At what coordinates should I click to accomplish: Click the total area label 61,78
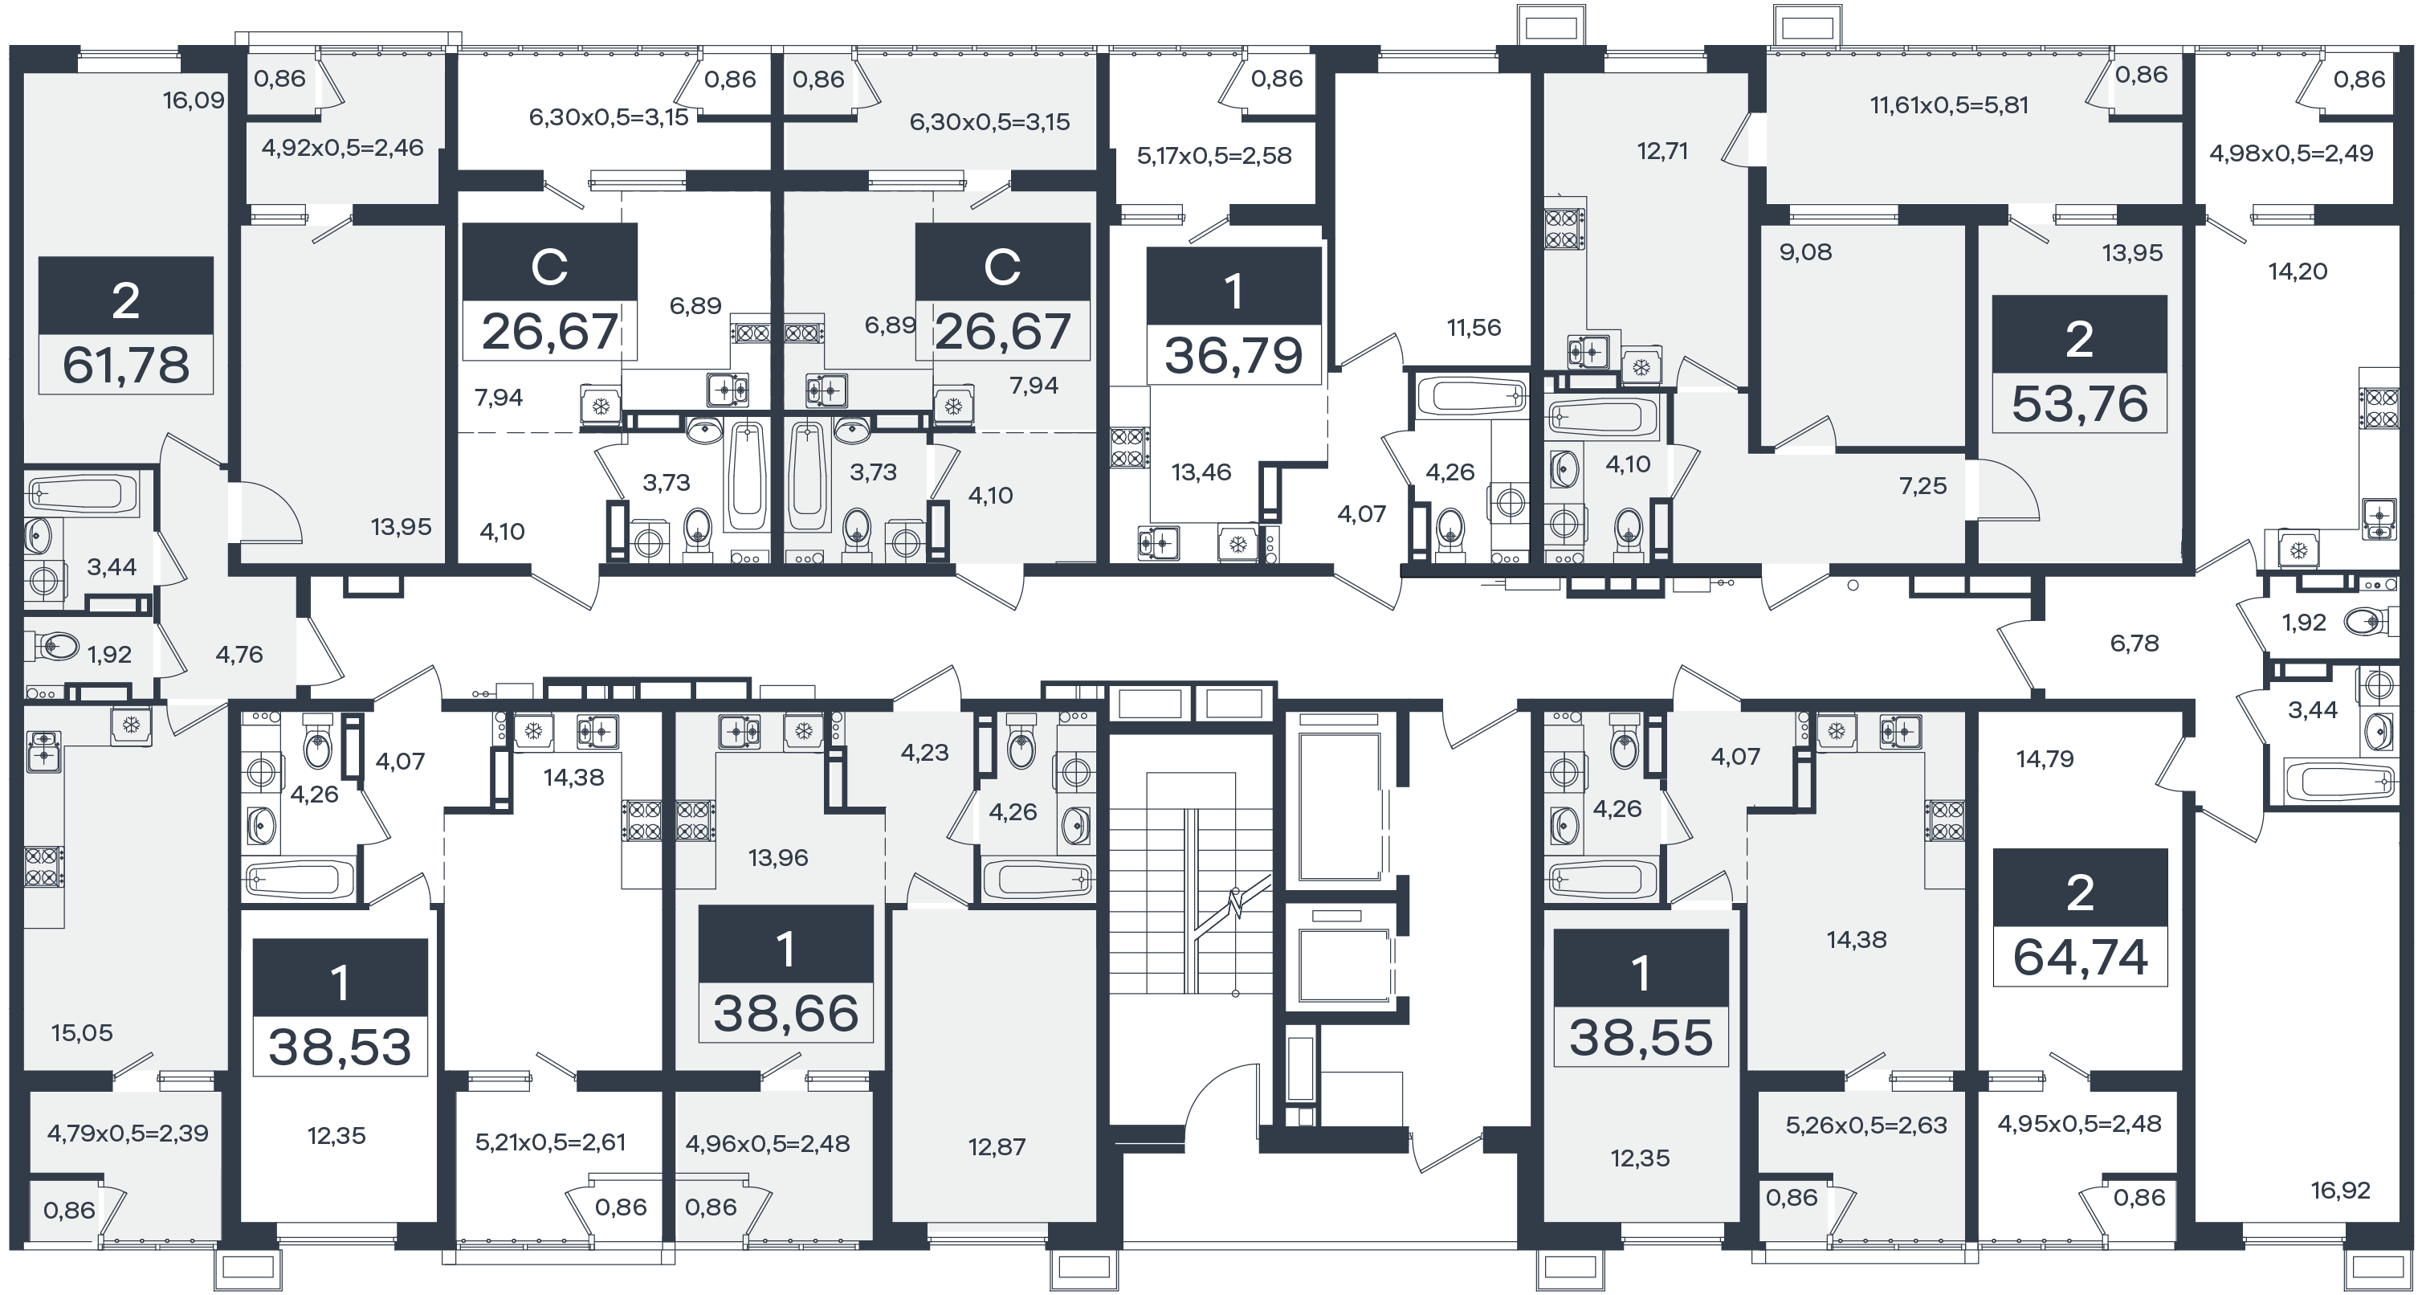pos(126,365)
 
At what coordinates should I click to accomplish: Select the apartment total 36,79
pos(1233,356)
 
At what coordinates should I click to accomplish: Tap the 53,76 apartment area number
pos(2080,403)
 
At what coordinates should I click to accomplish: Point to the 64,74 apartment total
pos(2080,958)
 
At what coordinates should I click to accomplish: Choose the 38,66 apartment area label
pos(786,1014)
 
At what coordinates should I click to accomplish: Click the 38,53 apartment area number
pos(340,1048)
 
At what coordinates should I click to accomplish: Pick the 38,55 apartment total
pos(1641,1038)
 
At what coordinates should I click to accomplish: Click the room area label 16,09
pos(194,100)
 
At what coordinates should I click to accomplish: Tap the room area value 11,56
pos(1474,327)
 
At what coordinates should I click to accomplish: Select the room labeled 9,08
pos(1805,252)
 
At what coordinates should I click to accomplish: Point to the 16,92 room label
pos(2340,1191)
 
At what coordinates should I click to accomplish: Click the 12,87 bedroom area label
pos(997,1146)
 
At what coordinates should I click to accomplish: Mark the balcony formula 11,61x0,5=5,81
pos(1949,105)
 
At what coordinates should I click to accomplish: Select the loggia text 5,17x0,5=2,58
pos(1214,155)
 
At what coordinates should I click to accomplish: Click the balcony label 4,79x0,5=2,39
pos(128,1132)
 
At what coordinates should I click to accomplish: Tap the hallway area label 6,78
pos(2135,643)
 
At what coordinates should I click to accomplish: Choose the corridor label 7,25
pos(1923,485)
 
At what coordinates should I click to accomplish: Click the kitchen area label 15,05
pos(82,1032)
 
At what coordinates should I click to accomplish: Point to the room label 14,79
pos(2045,758)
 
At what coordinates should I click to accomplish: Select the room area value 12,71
pos(1662,150)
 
